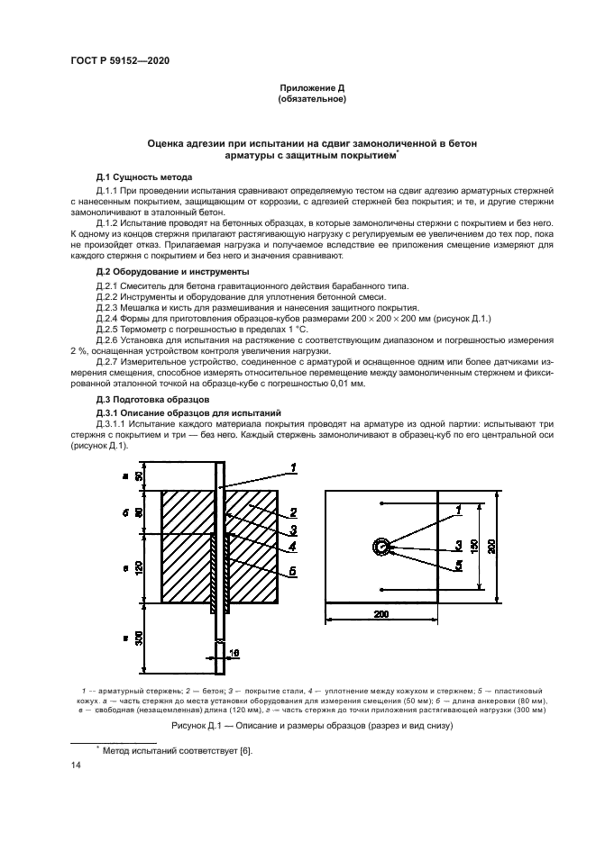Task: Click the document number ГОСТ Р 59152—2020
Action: tap(120, 60)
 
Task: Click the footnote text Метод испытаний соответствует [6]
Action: tap(159, 749)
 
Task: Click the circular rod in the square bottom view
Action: tap(381, 547)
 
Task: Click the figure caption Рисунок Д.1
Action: tap(298, 725)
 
